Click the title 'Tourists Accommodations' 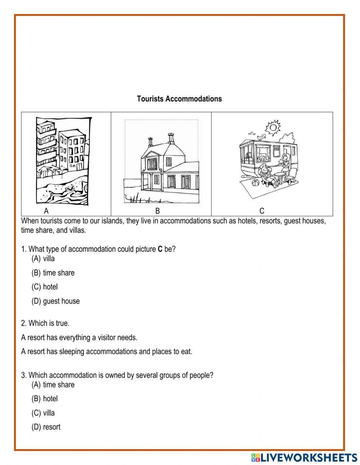(179, 99)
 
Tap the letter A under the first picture (46, 211)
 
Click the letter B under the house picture (157, 211)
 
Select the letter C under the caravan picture (262, 211)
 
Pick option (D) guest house (55, 301)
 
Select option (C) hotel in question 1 (45, 287)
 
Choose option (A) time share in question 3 (53, 385)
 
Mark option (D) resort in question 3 (46, 427)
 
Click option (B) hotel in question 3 (45, 399)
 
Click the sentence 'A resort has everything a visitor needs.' (79, 337)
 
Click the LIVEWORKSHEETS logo (304, 457)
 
